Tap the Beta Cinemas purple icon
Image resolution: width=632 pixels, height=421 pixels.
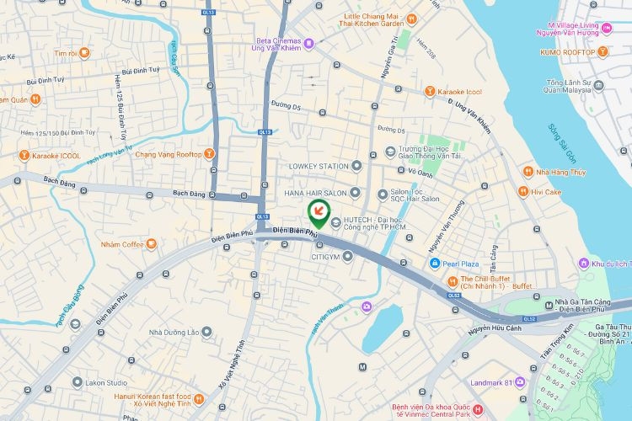pos(308,43)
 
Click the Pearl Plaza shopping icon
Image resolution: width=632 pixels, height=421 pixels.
pos(434,264)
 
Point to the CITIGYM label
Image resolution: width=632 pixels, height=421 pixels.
pos(325,256)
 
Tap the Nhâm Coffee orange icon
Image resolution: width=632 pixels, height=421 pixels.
pos(151,244)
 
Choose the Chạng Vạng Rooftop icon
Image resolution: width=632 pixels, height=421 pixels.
pos(209,154)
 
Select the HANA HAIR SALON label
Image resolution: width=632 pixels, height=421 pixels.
pos(315,193)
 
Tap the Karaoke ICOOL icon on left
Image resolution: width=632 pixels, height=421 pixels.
pos(24,155)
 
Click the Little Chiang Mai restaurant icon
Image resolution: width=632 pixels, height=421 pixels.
pos(410,19)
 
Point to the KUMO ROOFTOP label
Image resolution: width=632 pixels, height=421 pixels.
pos(567,52)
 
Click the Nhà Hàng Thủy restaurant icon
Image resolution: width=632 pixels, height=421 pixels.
pos(528,171)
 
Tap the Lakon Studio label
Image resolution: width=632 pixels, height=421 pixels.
pos(105,382)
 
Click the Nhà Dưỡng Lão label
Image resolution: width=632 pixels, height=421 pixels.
pos(174,332)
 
